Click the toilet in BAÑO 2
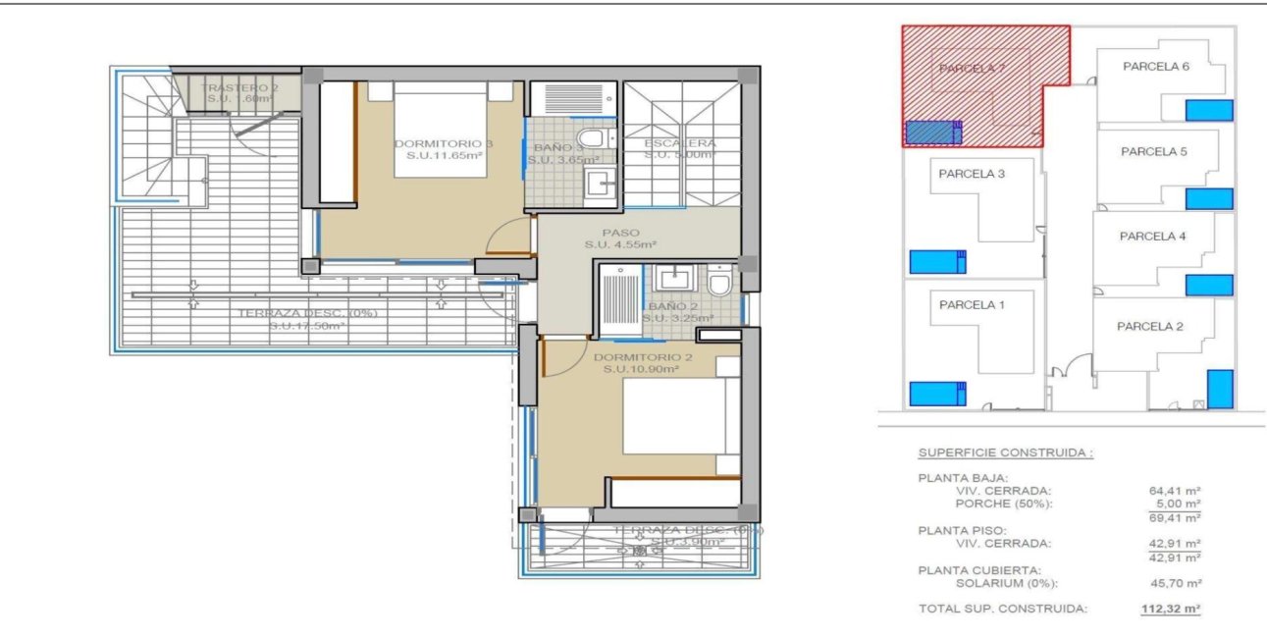click(x=719, y=283)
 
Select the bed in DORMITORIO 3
click(x=442, y=130)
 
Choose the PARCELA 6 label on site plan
click(x=1156, y=67)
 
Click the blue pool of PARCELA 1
click(x=937, y=394)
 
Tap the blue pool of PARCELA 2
click(x=1220, y=389)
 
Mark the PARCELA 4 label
click(x=1152, y=236)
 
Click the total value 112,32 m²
click(x=1171, y=609)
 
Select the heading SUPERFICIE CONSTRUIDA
click(x=1005, y=453)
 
